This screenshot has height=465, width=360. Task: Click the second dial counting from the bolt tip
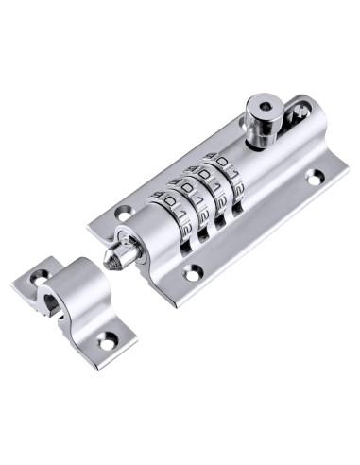pos(196,206)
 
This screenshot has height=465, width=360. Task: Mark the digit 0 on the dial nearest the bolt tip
pos(167,203)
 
